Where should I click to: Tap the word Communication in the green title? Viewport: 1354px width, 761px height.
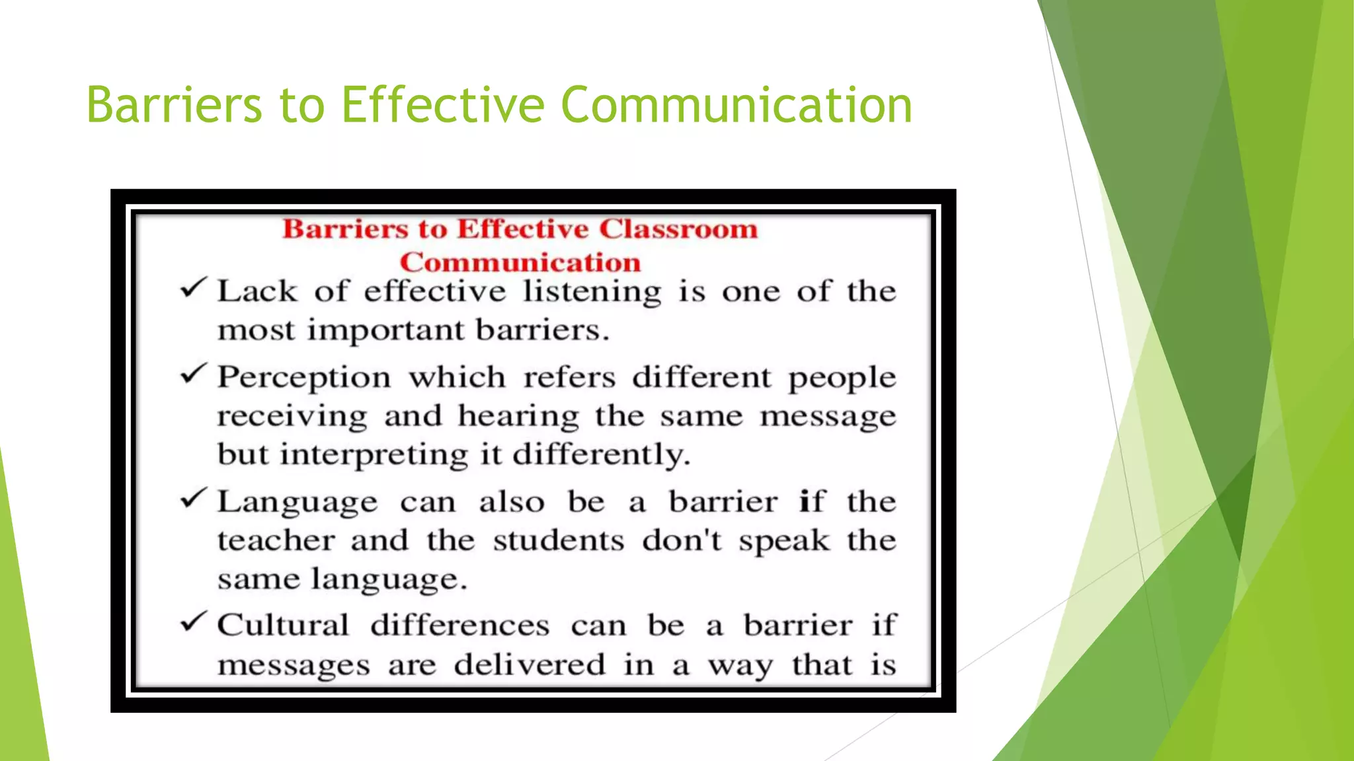click(x=737, y=106)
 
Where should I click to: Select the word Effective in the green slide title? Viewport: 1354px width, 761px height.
click(x=442, y=106)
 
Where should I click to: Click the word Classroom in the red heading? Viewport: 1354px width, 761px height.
click(x=678, y=229)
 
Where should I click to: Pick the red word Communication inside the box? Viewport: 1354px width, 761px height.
click(x=520, y=263)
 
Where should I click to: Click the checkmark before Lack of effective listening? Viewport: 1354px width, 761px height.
click(x=194, y=289)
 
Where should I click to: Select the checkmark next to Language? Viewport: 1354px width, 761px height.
click(x=194, y=499)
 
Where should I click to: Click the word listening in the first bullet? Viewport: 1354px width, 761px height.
click(x=592, y=292)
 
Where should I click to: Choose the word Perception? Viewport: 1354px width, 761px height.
click(x=304, y=379)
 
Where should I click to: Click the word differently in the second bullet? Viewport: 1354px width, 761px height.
click(x=601, y=455)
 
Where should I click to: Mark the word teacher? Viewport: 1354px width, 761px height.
click(x=276, y=541)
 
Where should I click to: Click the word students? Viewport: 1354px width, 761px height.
click(x=558, y=541)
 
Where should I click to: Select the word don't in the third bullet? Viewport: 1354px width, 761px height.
click(x=682, y=541)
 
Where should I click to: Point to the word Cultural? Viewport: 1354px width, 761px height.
click(x=283, y=625)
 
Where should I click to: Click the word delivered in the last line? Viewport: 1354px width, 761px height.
click(x=529, y=665)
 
